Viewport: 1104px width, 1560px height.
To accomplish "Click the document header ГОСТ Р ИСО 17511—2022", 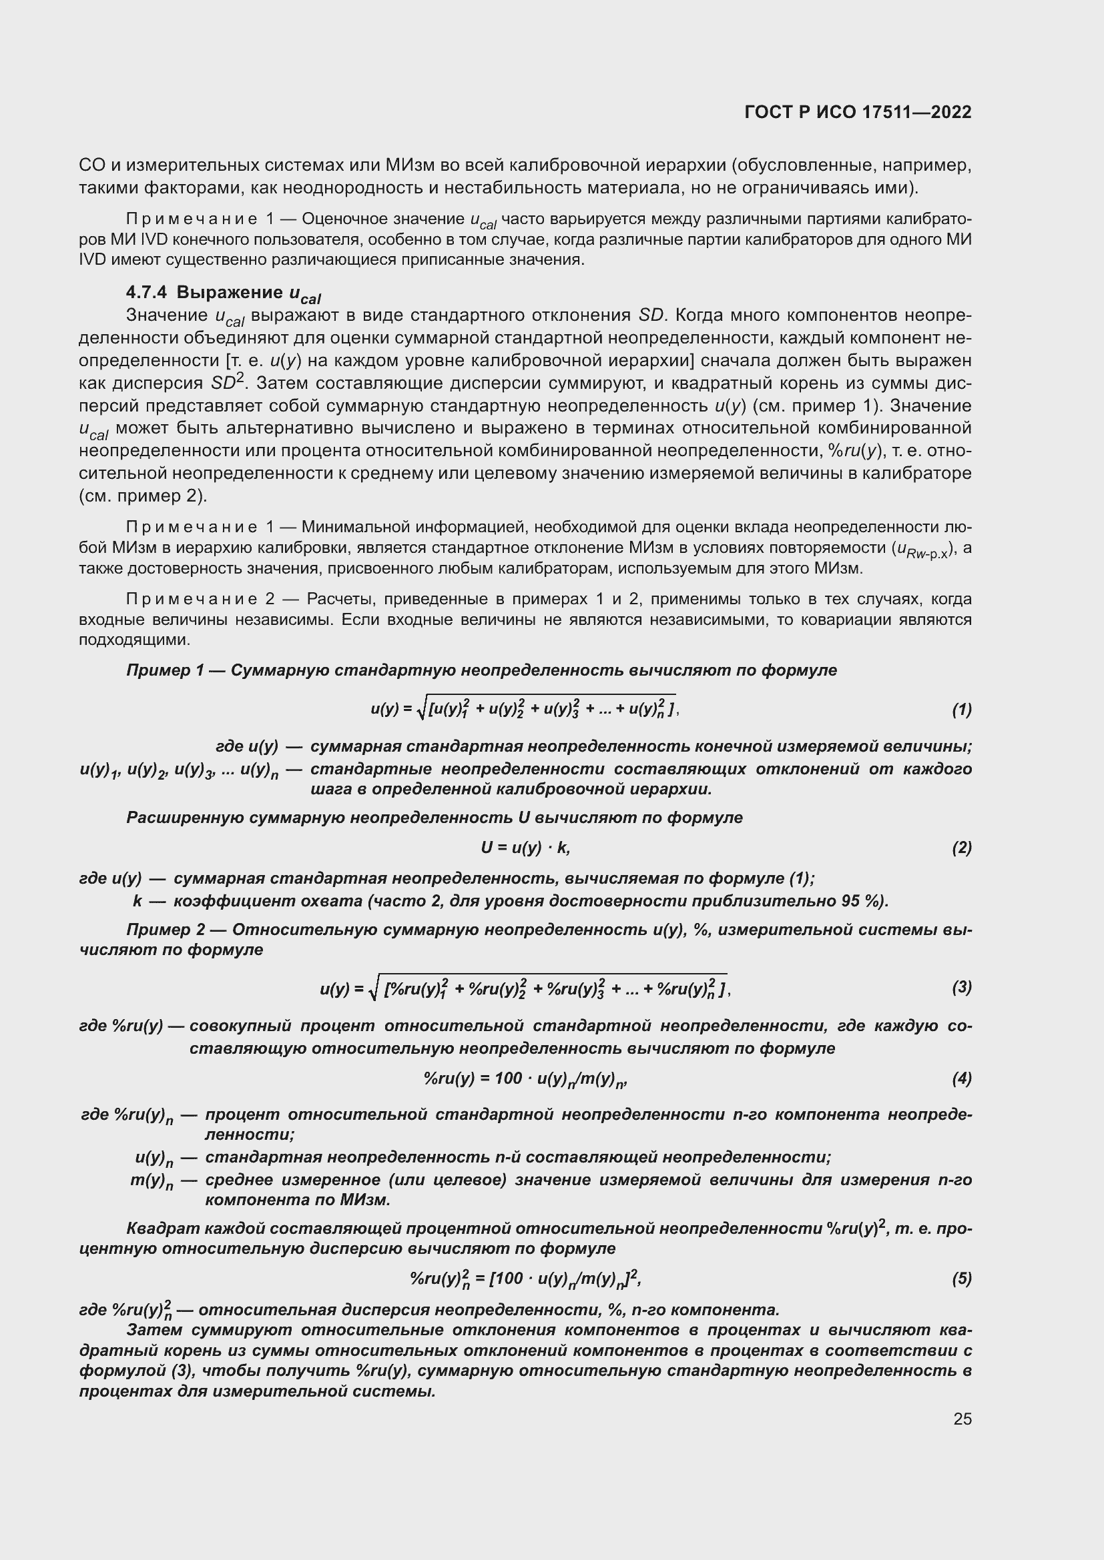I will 858,112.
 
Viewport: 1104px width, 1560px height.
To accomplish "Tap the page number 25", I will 962,1419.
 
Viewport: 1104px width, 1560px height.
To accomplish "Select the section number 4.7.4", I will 146,293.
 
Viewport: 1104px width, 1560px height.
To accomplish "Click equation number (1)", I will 961,710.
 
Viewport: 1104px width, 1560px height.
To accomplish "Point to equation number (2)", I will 961,847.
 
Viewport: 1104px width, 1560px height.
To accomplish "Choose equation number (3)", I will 961,986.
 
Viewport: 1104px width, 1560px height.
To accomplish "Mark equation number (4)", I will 961,1078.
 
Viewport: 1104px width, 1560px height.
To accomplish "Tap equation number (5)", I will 961,1279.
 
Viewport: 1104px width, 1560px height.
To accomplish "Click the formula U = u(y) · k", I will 525,847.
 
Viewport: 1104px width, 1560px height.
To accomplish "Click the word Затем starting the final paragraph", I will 152,1330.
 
